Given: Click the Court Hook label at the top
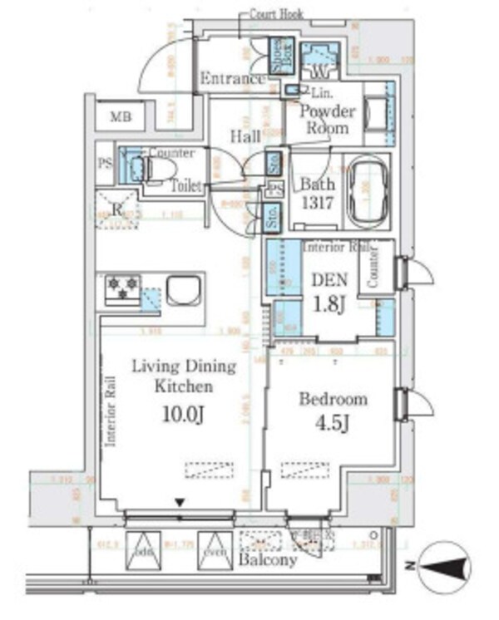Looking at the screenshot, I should coord(277,14).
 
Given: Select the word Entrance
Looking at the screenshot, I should coord(232,79).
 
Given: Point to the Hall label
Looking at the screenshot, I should coord(245,135).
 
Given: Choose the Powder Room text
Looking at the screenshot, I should coord(328,120).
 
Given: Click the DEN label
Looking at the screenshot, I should coord(327,282).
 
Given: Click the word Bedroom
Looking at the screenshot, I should coord(333,399).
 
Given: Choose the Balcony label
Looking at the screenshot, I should coord(268,561).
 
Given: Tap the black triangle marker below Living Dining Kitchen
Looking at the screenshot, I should coord(179,502).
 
